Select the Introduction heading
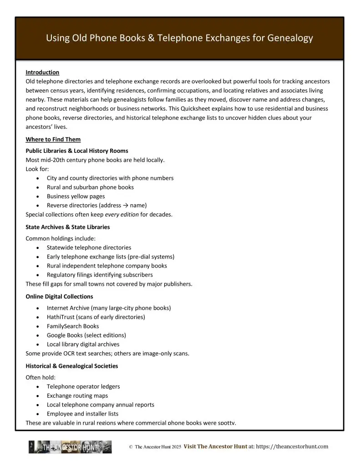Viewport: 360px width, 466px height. [42, 72]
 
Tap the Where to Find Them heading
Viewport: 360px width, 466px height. [53, 139]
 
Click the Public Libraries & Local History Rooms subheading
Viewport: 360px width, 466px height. [77, 151]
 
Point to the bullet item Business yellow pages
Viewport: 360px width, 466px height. [76, 196]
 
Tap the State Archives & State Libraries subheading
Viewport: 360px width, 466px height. [67, 227]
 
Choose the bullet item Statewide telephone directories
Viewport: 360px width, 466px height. [89, 248]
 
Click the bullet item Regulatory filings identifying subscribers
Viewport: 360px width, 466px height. [100, 275]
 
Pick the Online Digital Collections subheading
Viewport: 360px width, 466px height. [59, 296]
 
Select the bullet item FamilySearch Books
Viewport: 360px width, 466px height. [73, 326]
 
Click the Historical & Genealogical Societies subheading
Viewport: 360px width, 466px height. [71, 366]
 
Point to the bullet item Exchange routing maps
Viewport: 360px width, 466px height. [77, 395]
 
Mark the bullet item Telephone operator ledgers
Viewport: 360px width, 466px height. [83, 386]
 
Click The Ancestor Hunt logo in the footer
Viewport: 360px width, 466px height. [70, 447]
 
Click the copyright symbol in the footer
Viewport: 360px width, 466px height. [131, 447]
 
